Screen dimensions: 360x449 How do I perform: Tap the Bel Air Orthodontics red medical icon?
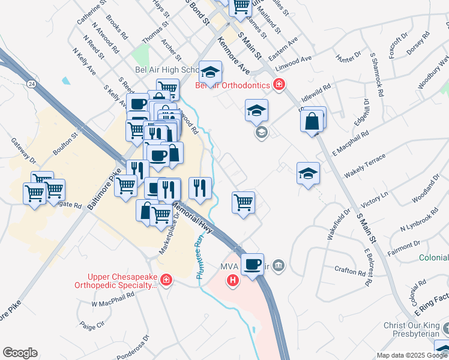(279, 85)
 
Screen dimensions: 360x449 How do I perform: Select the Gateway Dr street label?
(24, 152)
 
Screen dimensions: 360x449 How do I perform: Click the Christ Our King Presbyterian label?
(412, 331)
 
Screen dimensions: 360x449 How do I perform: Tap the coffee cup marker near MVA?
(253, 263)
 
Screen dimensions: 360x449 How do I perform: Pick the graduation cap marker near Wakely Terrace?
(308, 174)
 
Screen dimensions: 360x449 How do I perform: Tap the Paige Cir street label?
(92, 326)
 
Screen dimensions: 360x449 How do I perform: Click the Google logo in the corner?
(20, 353)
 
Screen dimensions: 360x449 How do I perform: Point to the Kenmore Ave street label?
(229, 53)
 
